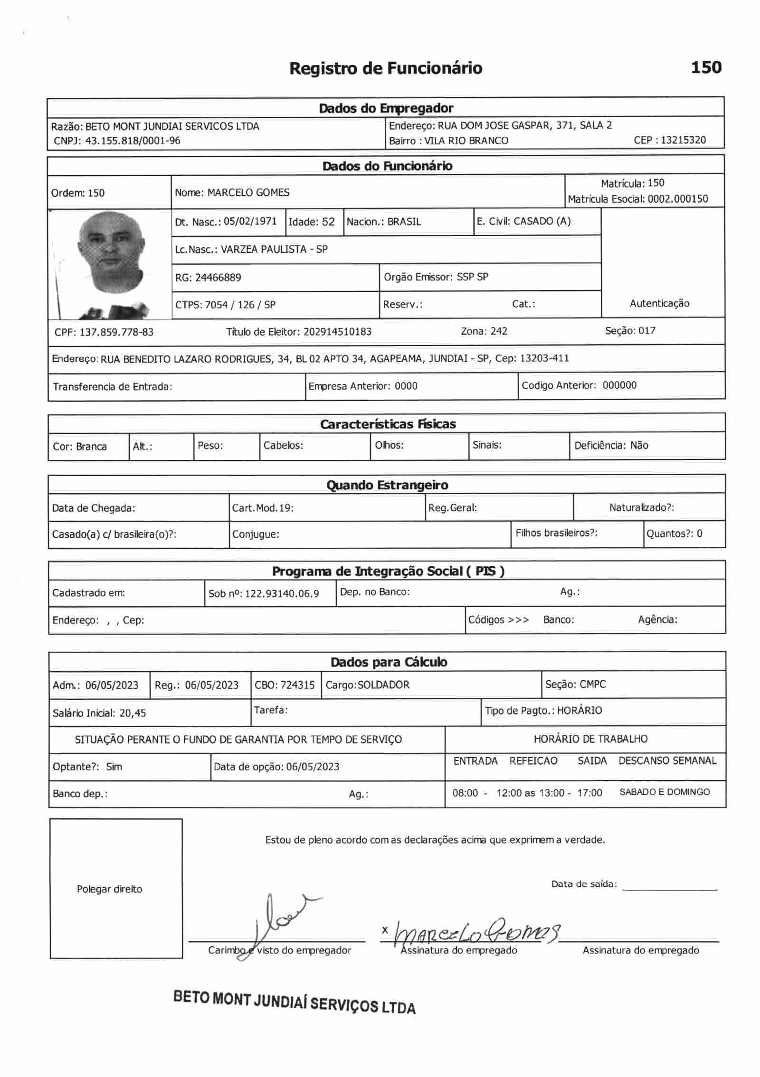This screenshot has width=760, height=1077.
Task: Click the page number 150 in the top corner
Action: click(x=706, y=67)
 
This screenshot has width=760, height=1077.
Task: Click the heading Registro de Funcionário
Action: click(x=385, y=68)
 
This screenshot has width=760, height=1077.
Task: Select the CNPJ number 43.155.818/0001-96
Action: click(x=133, y=140)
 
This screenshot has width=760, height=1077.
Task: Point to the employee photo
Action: click(x=110, y=263)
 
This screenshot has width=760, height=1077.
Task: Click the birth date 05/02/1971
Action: click(x=250, y=221)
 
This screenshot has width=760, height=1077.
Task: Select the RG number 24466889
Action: click(x=218, y=277)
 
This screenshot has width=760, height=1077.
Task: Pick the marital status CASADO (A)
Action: click(x=542, y=221)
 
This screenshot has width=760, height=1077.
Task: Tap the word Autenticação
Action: click(x=659, y=303)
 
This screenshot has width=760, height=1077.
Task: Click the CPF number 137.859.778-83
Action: click(x=116, y=332)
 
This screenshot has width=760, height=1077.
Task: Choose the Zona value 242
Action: click(x=499, y=331)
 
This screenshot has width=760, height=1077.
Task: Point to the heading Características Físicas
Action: click(x=388, y=424)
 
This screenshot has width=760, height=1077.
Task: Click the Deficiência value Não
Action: click(x=639, y=445)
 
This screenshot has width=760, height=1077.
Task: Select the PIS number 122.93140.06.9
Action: click(x=282, y=593)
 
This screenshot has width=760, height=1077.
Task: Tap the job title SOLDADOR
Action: click(x=383, y=684)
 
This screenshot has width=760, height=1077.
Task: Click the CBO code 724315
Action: click(x=297, y=684)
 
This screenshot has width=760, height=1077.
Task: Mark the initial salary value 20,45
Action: click(x=133, y=713)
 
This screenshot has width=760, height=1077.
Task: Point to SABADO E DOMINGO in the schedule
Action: click(x=664, y=792)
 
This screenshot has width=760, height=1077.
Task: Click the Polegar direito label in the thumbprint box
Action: click(x=109, y=889)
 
